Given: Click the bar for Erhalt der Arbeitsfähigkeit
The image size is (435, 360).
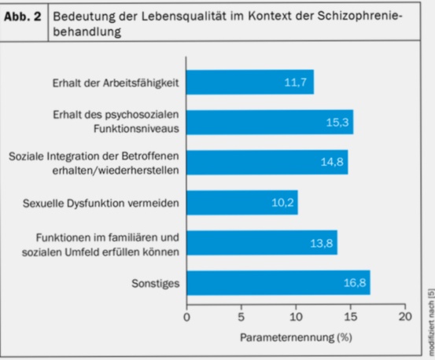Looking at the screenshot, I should pos(249,83).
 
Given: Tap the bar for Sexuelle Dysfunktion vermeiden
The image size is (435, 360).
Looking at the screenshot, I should pos(241,203).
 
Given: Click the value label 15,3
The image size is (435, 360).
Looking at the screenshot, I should pos(337,123).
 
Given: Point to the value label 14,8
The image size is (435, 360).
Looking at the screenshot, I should pos(332,163).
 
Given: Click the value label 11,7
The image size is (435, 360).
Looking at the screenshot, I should pos(297,83).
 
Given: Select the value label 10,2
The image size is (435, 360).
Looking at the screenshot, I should pos(282,203).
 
